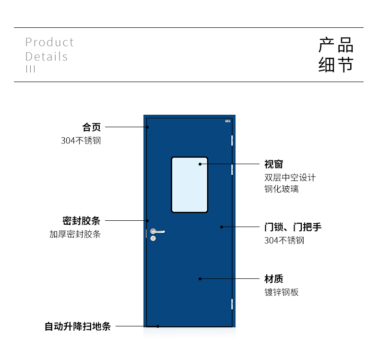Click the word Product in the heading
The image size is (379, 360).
point(49,42)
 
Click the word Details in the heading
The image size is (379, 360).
point(47,57)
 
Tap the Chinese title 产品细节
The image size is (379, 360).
point(336,55)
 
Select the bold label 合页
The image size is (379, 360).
point(92,127)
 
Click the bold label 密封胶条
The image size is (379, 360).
point(81,221)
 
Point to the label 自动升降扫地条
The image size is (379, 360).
point(78,326)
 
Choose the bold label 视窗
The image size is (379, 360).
point(273,165)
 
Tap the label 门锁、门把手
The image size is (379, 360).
point(293,227)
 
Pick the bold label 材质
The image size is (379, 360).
point(273,279)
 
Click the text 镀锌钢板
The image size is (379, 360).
point(282,292)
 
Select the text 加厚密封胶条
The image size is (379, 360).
point(75,234)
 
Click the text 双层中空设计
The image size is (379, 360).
point(290,178)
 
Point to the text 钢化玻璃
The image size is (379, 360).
point(282,189)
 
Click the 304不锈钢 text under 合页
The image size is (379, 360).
point(81,141)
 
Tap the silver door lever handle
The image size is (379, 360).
point(157,231)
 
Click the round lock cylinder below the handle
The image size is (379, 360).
point(153,239)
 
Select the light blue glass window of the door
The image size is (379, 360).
point(189,185)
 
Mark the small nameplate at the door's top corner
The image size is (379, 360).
point(228,121)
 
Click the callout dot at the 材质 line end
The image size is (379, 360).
point(200,279)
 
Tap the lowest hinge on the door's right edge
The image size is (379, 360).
point(232,304)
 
